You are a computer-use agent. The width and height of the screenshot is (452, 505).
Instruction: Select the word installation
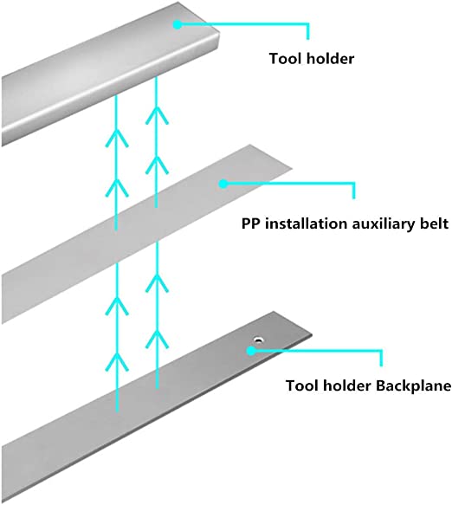pos(307,223)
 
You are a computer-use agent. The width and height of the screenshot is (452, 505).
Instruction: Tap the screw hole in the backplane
pos(258,340)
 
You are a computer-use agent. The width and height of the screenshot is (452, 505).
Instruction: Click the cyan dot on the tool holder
pos(177,25)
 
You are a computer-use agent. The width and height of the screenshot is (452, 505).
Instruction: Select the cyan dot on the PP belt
pos(223,184)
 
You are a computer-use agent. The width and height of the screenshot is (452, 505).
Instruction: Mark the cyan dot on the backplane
pos(251,351)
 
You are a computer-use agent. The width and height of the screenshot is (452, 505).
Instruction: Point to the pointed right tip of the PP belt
pos(291,168)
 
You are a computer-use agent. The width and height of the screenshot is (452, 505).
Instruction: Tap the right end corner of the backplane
pos(311,334)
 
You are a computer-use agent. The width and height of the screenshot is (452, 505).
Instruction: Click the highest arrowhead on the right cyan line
pos(157,115)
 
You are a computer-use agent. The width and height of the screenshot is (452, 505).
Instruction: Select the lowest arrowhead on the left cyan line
pos(117,361)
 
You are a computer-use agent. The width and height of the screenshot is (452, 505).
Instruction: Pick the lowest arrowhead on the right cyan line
pos(157,339)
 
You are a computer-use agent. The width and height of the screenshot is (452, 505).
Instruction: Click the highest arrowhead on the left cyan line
pos(117,138)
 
